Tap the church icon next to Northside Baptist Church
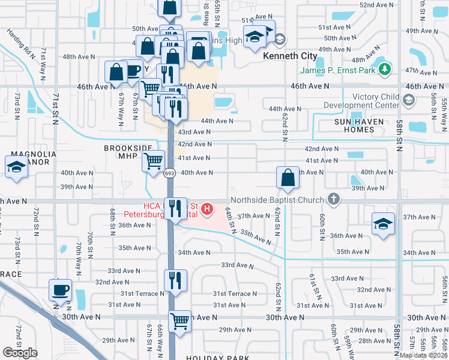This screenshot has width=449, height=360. tap(334, 199)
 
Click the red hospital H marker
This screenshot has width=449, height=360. tap(207, 209)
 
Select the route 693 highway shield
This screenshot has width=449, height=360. tap(170, 173)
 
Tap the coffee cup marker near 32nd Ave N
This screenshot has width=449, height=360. tap(60, 290)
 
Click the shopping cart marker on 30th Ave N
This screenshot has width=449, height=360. tap(179, 322)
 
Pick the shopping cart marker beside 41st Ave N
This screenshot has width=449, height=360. tap(154, 161)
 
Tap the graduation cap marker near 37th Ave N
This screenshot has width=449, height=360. tap(383, 224)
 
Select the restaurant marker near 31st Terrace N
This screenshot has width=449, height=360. tap(175, 280)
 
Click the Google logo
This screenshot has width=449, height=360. tap(20, 353)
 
